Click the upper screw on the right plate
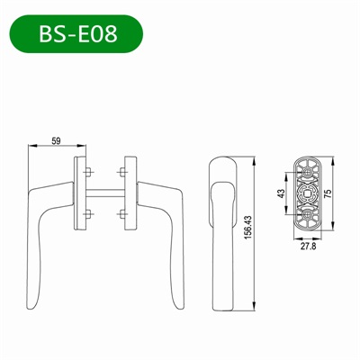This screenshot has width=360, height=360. point(121,171)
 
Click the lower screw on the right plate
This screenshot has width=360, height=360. point(121,212)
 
